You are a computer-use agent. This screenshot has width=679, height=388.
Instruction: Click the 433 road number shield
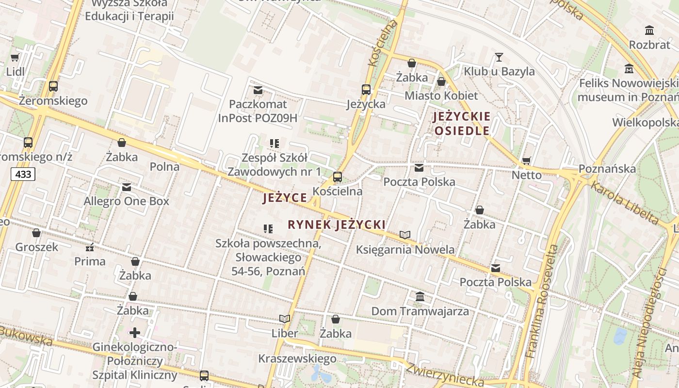[23, 174]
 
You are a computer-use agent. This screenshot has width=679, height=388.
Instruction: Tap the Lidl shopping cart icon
[15, 58]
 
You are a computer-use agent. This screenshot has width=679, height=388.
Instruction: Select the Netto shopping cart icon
[526, 161]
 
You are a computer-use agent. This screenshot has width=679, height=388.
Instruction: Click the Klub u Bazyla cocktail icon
[499, 57]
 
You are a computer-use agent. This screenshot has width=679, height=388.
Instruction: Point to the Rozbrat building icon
[649, 31]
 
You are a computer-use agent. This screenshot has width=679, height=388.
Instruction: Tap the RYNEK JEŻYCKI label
[337, 225]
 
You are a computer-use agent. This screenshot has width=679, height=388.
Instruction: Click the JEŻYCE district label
[285, 197]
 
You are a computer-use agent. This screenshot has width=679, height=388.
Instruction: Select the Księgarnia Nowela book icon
[405, 235]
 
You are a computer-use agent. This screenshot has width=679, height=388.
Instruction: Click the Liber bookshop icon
[285, 319]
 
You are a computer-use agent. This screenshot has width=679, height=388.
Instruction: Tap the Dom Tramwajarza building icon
[420, 296]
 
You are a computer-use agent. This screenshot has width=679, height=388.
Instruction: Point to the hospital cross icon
[134, 333]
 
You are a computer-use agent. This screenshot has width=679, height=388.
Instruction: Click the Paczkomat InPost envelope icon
[258, 90]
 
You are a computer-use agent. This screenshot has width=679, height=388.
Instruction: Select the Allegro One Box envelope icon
[127, 187]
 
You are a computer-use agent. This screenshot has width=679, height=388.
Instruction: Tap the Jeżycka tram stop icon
[366, 90]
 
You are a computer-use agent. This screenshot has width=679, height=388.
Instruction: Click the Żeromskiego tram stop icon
[53, 86]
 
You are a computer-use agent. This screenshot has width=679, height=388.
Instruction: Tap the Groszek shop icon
[36, 233]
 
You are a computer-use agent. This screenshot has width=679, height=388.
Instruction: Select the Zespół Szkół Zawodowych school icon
[275, 143]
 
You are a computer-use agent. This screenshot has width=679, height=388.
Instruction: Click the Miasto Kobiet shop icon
[441, 81]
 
